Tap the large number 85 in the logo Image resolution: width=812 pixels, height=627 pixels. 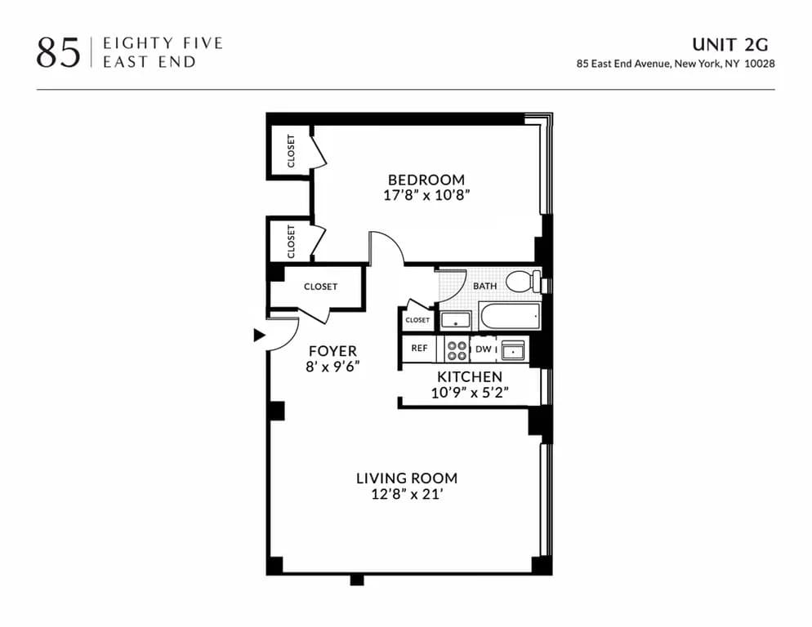(x=58, y=52)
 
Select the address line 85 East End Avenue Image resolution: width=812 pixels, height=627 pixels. (x=676, y=64)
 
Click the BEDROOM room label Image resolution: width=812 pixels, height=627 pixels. (x=426, y=180)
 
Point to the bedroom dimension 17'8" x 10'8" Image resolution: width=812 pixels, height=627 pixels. (x=426, y=196)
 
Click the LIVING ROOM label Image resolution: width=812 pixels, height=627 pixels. (x=406, y=478)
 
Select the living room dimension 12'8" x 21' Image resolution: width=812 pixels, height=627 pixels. (x=406, y=495)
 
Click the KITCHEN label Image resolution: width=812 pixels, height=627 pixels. (x=469, y=376)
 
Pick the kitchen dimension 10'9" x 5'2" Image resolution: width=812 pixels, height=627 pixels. (x=469, y=393)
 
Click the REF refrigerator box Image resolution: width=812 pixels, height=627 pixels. (x=419, y=349)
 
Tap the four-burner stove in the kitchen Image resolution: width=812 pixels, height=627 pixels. (x=457, y=349)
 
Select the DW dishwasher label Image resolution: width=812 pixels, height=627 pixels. (x=483, y=349)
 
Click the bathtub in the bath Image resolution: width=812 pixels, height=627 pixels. (x=510, y=316)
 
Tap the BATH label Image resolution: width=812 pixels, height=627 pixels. (x=484, y=287)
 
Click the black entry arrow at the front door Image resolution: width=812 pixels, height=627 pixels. (x=259, y=335)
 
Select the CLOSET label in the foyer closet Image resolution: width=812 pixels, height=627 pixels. (x=320, y=287)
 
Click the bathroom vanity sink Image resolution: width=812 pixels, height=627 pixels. (x=453, y=319)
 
